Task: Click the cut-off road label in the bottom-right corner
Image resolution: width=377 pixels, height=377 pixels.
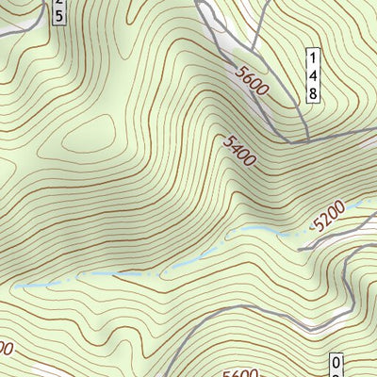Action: point(336,365)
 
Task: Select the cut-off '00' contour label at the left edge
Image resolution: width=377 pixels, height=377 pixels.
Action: point(6,349)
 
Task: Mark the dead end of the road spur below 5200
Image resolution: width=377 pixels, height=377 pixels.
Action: point(300,249)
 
